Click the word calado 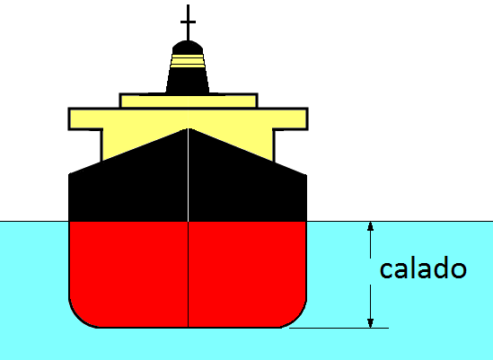pos(423,268)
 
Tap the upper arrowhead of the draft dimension pos(370,226)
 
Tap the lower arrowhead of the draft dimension pos(370,323)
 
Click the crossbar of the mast pos(188,22)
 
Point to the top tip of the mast pos(188,5)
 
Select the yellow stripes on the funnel pos(188,61)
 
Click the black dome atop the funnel pos(188,48)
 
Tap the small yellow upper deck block pos(189,101)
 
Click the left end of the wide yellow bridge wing pos(70,119)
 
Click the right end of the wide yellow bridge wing pos(306,119)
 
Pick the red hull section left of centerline pos(128,274)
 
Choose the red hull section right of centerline pos(248,274)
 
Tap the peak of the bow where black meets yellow pos(188,128)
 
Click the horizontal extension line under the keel pos(339,328)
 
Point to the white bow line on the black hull pos(188,175)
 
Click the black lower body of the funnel pos(188,81)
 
